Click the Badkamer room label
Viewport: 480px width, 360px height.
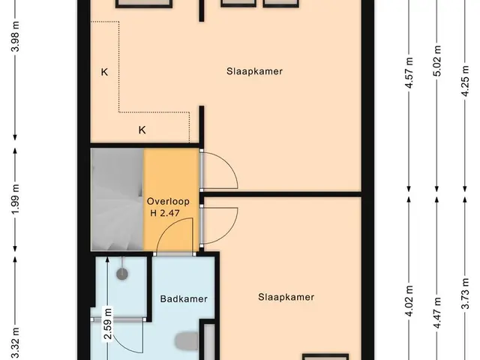184,298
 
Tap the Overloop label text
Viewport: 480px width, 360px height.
168,202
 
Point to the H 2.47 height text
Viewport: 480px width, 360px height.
165,213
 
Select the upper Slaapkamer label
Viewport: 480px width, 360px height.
254,71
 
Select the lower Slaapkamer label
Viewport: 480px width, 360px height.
286,297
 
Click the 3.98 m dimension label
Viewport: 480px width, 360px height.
15,37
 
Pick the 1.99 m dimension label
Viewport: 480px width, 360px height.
15,199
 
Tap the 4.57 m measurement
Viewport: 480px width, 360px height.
409,73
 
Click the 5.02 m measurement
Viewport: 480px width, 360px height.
437,61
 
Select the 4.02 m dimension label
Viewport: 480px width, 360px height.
409,301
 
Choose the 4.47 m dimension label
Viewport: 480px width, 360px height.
437,313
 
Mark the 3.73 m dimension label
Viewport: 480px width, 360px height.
465,293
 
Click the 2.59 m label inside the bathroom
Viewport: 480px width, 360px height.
108,324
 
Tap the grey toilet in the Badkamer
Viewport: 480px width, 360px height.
187,341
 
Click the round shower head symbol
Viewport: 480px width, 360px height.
123,273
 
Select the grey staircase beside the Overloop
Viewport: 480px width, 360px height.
117,199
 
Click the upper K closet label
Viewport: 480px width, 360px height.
104,72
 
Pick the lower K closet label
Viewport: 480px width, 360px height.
142,130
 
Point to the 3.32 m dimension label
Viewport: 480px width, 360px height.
15,343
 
